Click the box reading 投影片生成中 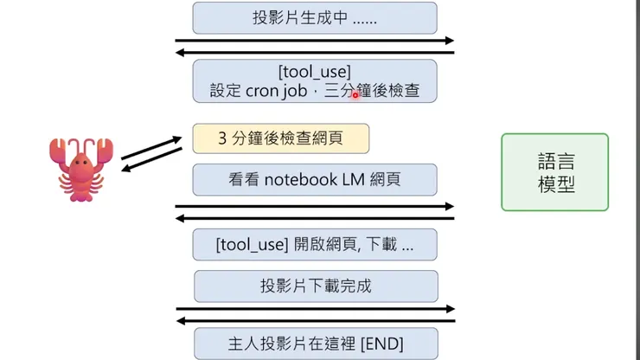(x=314, y=17)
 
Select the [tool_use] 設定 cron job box (x=314, y=80)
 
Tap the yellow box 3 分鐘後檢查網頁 (x=281, y=138)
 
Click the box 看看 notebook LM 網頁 (x=314, y=180)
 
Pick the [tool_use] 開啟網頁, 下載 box (x=314, y=245)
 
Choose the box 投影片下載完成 (x=316, y=286)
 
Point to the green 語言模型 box (x=554, y=172)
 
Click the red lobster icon (x=78, y=168)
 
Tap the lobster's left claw (x=59, y=152)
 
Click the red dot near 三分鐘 (x=355, y=95)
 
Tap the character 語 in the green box (x=541, y=161)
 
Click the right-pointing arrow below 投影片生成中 (x=315, y=41)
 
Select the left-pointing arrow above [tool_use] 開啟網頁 (x=315, y=218)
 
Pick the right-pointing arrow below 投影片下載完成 (x=315, y=309)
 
